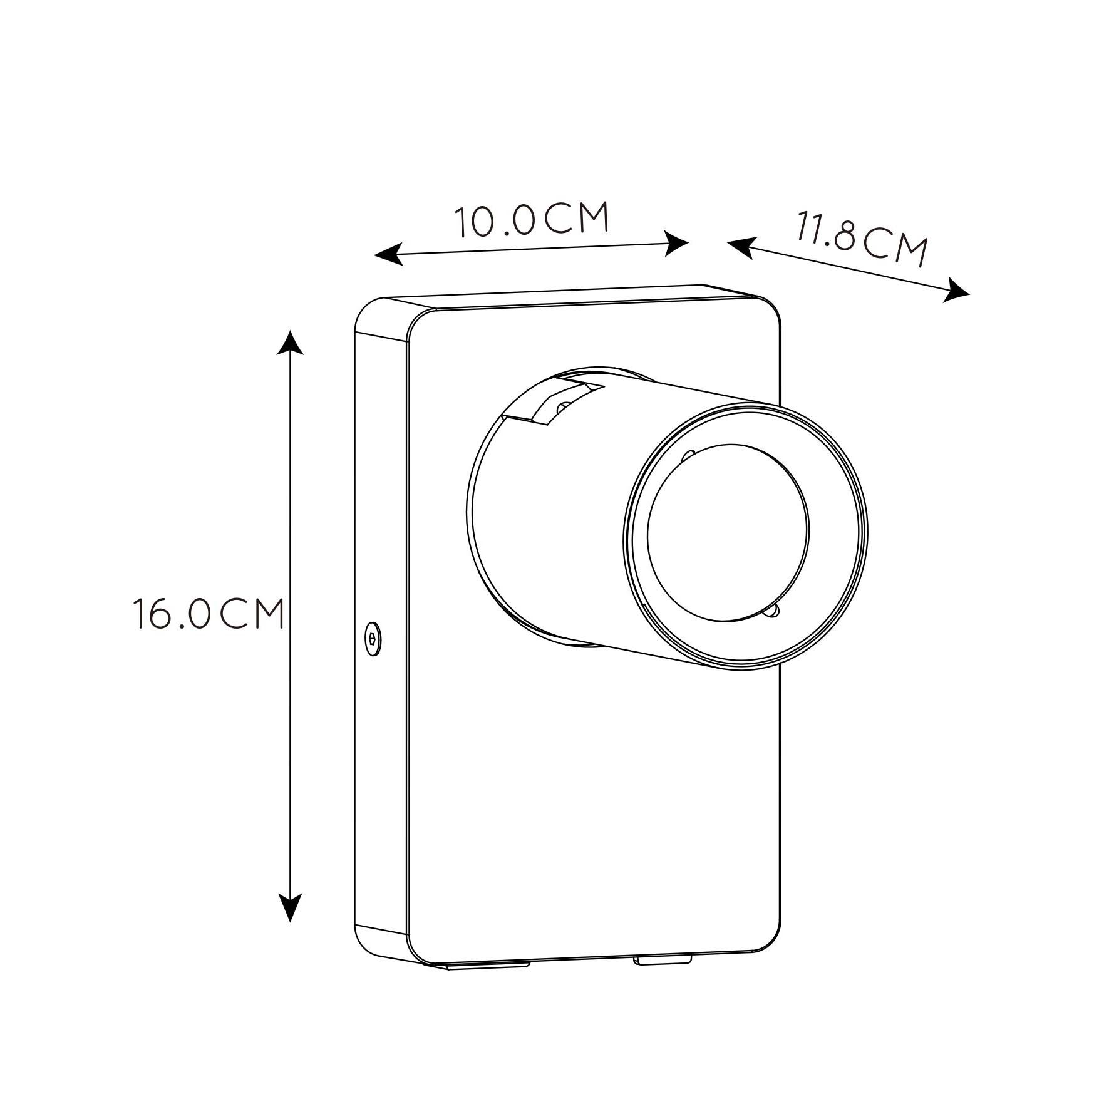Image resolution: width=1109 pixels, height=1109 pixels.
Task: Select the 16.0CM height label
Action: [209, 614]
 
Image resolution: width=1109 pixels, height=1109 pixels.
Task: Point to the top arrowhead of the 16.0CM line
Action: [290, 342]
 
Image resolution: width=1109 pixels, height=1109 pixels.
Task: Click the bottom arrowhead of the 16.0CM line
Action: [290, 908]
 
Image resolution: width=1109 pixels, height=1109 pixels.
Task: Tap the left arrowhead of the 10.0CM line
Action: [388, 254]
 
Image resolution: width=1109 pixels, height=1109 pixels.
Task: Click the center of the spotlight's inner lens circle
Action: [728, 532]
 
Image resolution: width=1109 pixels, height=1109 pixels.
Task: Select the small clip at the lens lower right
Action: [774, 611]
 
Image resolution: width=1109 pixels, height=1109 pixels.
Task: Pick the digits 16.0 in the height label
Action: [170, 614]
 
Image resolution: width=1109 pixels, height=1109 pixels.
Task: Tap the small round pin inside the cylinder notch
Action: [562, 408]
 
